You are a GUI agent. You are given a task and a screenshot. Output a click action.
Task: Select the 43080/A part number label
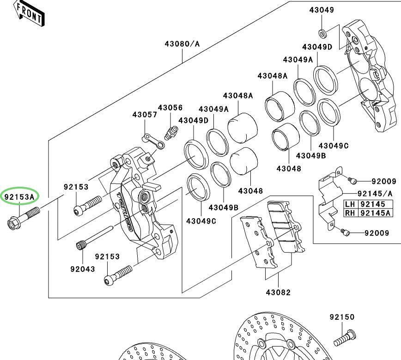coord(182,44)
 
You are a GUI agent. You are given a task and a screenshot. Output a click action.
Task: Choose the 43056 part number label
coord(170,108)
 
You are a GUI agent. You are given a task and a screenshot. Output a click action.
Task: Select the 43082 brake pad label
coord(278,292)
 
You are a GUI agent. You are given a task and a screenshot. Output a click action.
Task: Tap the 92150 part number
coord(342,317)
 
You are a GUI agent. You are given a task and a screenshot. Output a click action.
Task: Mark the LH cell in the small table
coord(350,204)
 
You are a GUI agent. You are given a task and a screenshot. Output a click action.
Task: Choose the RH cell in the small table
coord(350,213)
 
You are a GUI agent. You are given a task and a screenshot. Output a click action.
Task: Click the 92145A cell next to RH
coord(376,213)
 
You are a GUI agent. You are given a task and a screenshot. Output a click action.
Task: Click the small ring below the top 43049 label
coord(322,33)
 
